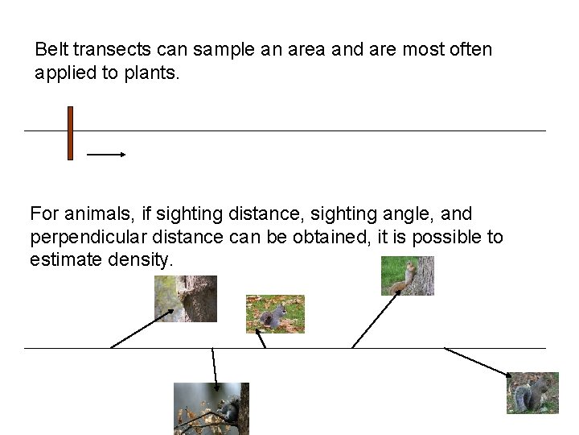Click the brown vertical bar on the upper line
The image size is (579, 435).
coord(70,133)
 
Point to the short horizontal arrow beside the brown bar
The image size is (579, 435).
coord(106,153)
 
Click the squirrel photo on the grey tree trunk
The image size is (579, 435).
coord(186,298)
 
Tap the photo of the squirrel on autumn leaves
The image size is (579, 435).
coord(275,313)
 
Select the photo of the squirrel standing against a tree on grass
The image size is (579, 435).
coord(407,275)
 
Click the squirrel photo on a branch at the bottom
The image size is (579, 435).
coord(211,408)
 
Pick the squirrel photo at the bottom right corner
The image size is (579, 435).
coord(532,393)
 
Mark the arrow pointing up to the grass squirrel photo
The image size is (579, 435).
coord(376,319)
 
